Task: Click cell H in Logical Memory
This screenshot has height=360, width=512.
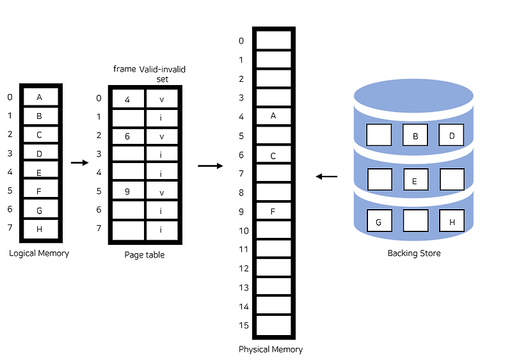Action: (40, 229)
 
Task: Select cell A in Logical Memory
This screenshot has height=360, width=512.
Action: (40, 97)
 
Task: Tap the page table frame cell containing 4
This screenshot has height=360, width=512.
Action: (127, 99)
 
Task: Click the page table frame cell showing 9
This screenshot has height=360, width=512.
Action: (127, 191)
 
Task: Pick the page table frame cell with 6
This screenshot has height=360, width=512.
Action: (127, 136)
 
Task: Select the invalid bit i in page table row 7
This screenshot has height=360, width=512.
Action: (162, 228)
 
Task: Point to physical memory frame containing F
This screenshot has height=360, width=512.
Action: (273, 211)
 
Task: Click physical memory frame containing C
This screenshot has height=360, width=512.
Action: (273, 155)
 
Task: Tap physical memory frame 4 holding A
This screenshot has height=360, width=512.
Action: (273, 117)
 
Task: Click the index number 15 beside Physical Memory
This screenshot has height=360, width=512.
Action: (243, 325)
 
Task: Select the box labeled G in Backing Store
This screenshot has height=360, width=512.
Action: (379, 222)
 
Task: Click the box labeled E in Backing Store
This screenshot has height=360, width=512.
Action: (415, 180)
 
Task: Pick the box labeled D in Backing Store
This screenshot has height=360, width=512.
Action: (451, 136)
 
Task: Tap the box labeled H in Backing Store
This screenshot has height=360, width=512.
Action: (451, 222)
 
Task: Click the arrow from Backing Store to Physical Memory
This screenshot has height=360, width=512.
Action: (326, 176)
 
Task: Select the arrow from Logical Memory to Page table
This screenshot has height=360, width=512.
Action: (79, 162)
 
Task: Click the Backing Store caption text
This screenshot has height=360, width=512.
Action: (414, 253)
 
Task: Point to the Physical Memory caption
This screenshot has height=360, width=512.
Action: (271, 350)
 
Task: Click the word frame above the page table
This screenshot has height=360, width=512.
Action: (125, 68)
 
